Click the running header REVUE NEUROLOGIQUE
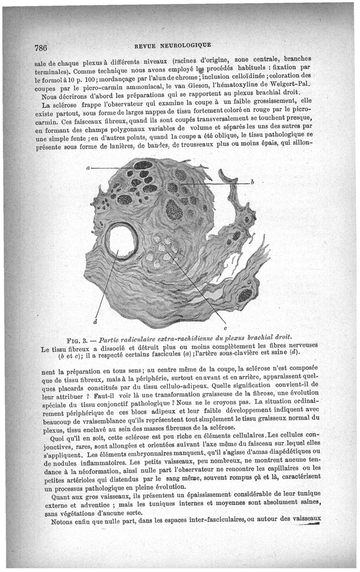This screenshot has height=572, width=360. click(172, 45)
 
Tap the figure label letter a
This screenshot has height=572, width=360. click(88, 168)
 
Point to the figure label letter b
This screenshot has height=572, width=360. click(252, 182)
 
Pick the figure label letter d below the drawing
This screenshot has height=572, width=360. click(95, 322)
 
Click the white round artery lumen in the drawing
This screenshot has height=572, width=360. click(122, 241)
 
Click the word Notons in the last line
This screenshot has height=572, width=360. click(63, 523)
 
